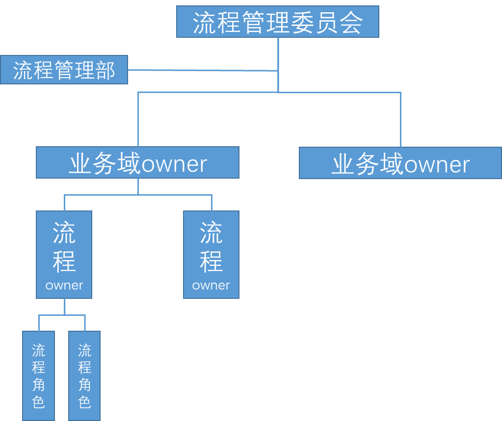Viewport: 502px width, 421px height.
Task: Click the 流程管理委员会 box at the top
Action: tap(278, 22)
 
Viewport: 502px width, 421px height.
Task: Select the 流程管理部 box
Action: tap(64, 70)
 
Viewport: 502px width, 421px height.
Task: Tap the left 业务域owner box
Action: tap(137, 162)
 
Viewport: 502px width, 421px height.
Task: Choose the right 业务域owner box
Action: tap(400, 163)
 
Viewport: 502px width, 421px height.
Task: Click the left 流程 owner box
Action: tap(64, 255)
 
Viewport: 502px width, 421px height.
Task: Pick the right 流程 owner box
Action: tap(211, 255)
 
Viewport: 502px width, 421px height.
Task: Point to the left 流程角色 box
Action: tap(38, 375)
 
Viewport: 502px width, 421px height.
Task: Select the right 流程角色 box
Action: tap(84, 375)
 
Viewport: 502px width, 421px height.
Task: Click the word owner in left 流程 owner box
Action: tap(64, 285)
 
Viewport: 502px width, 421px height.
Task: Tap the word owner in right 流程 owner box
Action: tap(211, 285)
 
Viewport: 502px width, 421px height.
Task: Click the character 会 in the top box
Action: tap(351, 22)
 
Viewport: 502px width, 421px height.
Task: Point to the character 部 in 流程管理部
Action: tap(104, 70)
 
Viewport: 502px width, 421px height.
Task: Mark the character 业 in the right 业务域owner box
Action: tap(343, 164)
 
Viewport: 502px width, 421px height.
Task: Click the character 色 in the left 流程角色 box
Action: tap(38, 401)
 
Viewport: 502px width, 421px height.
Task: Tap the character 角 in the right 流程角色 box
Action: tap(84, 384)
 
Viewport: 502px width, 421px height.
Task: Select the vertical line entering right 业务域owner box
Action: tap(400, 120)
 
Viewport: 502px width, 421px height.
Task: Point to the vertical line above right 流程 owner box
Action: tap(211, 203)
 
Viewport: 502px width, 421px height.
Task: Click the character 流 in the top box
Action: tap(204, 22)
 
